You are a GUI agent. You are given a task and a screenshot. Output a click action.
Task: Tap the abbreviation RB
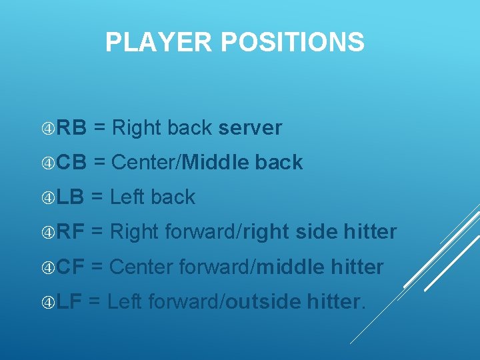(x=71, y=128)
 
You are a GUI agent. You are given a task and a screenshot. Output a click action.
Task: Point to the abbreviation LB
(x=70, y=197)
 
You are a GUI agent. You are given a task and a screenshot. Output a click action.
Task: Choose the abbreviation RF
(x=71, y=232)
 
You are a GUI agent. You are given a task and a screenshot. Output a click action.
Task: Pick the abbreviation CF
(x=71, y=267)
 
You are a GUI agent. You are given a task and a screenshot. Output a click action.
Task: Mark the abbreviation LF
(x=69, y=302)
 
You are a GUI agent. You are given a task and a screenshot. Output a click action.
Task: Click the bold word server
(x=250, y=128)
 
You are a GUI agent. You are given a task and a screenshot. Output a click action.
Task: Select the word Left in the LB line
(x=127, y=197)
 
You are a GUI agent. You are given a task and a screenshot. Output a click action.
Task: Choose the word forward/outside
(x=225, y=302)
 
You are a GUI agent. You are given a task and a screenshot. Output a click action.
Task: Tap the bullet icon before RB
(x=47, y=128)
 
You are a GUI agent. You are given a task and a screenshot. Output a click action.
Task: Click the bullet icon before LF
(x=47, y=302)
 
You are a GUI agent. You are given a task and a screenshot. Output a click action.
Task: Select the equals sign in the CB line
(x=100, y=163)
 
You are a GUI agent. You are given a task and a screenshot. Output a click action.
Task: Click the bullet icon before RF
(x=47, y=232)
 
